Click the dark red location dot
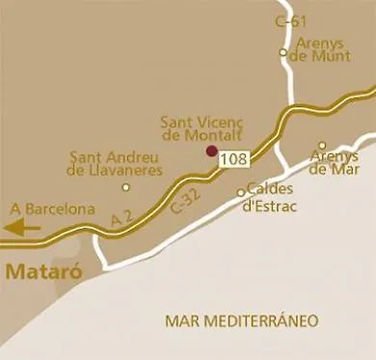[x=211, y=151]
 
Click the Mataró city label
[x=39, y=271]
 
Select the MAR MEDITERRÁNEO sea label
[x=241, y=319]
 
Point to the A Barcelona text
[x=53, y=208]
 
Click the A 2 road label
[x=121, y=220]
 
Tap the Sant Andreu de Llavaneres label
[x=114, y=163]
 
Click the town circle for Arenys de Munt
[x=282, y=52]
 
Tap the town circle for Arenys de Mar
[x=323, y=146]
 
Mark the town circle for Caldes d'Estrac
[x=241, y=192]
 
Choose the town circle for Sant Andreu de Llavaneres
[x=125, y=186]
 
